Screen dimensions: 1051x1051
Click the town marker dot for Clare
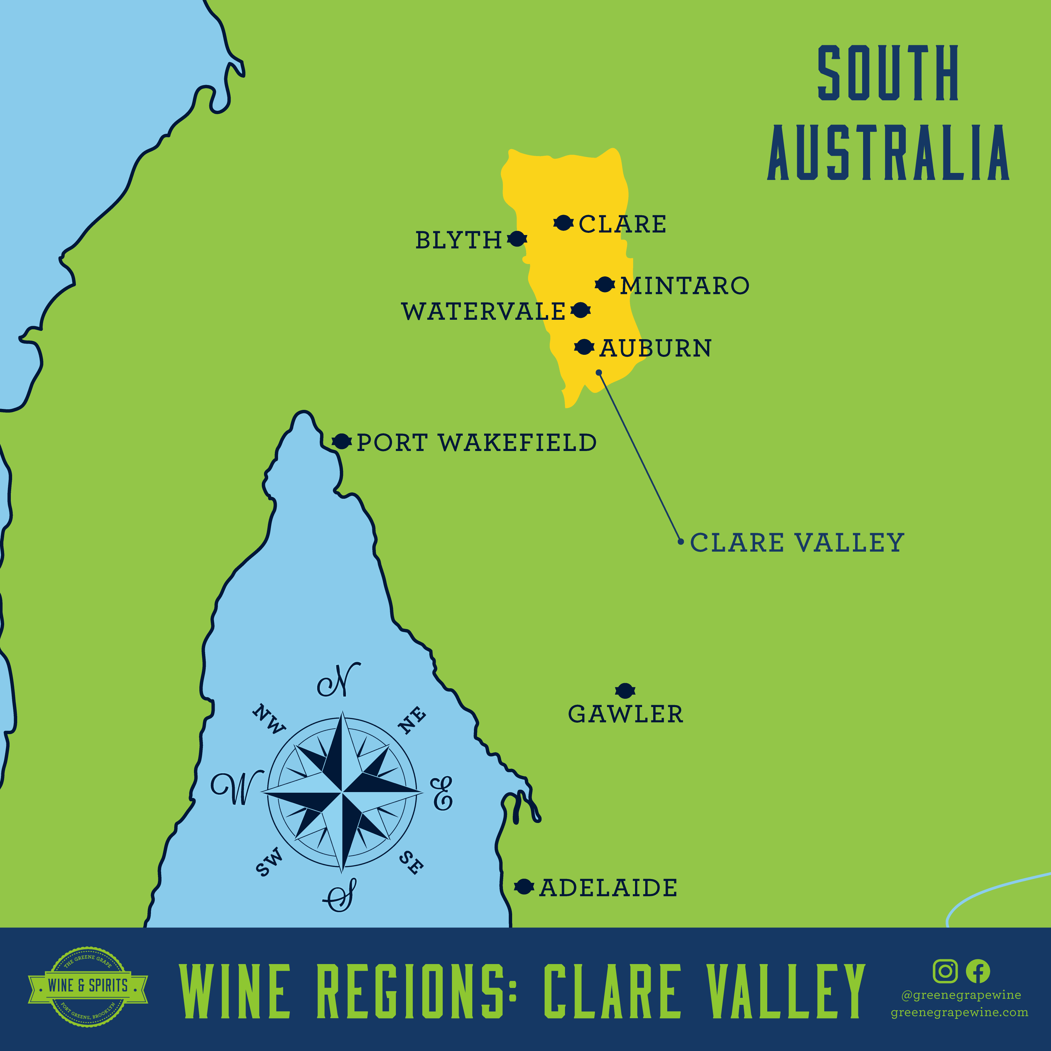(563, 223)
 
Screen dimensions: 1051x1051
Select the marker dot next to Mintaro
(604, 284)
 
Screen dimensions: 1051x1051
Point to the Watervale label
(483, 312)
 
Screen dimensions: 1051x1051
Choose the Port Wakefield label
(476, 443)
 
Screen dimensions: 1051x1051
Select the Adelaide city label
(608, 888)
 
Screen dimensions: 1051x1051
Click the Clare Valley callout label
(797, 543)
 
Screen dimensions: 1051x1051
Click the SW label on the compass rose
(269, 862)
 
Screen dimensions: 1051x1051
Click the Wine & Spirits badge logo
(88, 986)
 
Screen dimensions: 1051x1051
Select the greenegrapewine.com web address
(959, 1012)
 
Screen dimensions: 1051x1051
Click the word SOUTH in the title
(888, 74)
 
